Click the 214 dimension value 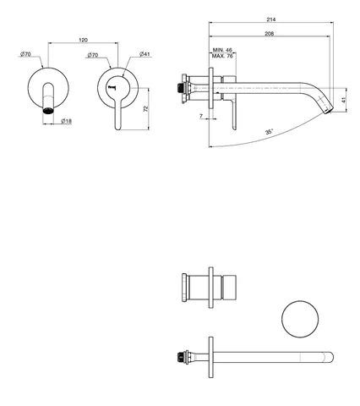(x=271, y=19)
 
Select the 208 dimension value (x=270, y=34)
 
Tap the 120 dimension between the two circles (x=83, y=40)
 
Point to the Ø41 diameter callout (x=145, y=54)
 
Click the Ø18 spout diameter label (x=67, y=121)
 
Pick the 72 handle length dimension (x=145, y=108)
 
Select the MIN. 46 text (x=222, y=50)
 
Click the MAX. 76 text (x=222, y=56)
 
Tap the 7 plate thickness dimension (x=201, y=116)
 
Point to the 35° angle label (x=270, y=132)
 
